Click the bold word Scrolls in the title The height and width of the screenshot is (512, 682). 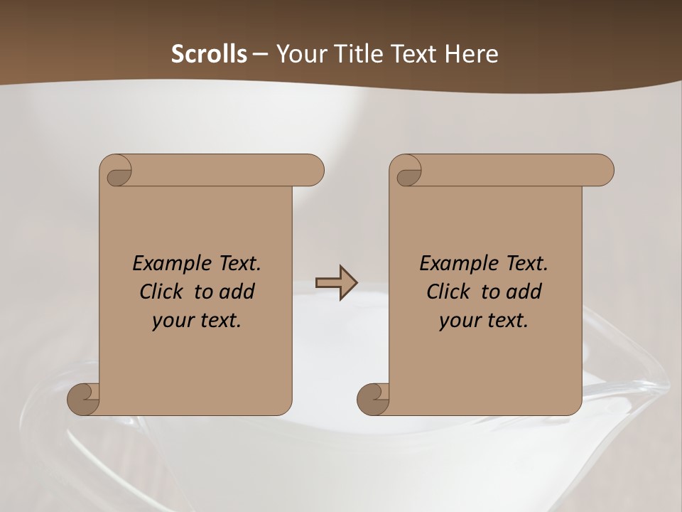(x=209, y=53)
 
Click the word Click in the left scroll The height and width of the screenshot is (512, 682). (x=161, y=292)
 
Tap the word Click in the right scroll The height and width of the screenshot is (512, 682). (x=448, y=292)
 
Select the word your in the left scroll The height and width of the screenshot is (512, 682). (x=171, y=321)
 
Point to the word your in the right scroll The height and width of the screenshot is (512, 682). (x=458, y=321)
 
